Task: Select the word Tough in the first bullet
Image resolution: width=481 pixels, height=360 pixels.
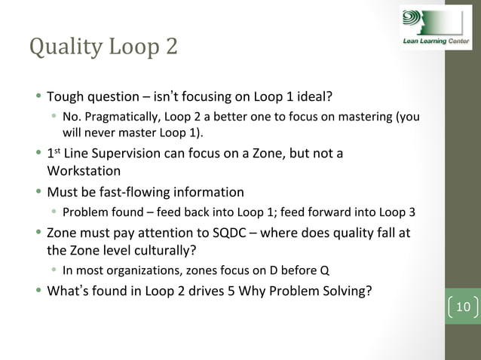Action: (x=66, y=97)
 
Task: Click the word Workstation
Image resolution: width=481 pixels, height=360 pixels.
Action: (x=86, y=172)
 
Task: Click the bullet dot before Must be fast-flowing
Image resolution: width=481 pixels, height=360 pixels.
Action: (x=38, y=191)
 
